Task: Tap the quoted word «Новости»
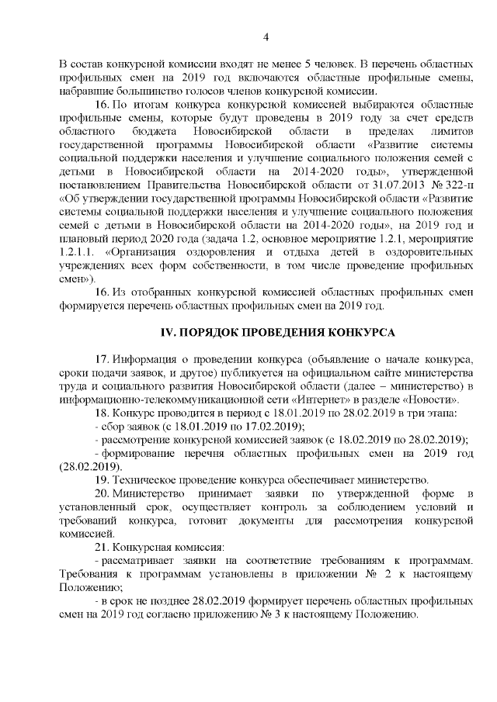(x=429, y=399)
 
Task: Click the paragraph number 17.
(x=102, y=361)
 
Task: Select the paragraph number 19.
(x=102, y=479)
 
